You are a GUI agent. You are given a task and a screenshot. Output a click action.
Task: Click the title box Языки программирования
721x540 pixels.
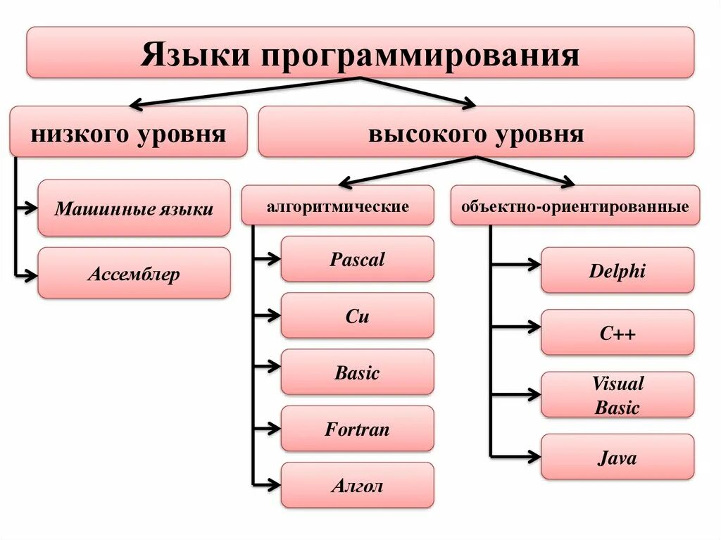pyautogui.click(x=360, y=52)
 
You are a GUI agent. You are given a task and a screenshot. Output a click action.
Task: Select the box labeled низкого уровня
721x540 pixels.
pyautogui.click(x=128, y=132)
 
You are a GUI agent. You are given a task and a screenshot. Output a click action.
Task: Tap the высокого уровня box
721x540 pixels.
pyautogui.click(x=476, y=132)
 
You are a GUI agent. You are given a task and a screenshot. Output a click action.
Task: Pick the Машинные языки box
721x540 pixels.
pyautogui.click(x=134, y=208)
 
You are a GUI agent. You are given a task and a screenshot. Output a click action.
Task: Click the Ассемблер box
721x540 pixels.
pyautogui.click(x=134, y=272)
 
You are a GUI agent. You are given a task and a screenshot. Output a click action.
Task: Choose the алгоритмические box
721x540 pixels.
pyautogui.click(x=338, y=206)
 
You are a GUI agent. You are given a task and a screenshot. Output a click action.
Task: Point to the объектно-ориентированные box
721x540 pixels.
pyautogui.click(x=575, y=206)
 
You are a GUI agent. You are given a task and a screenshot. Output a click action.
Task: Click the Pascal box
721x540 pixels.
pyautogui.click(x=358, y=259)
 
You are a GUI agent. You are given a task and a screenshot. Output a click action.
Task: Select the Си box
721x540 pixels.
pyautogui.click(x=358, y=315)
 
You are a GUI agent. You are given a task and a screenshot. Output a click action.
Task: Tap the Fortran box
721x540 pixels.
pyautogui.click(x=358, y=428)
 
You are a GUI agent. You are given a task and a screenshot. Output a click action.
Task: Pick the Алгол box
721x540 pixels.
pyautogui.click(x=358, y=484)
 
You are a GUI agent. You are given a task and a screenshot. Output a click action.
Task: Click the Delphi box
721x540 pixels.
pyautogui.click(x=617, y=270)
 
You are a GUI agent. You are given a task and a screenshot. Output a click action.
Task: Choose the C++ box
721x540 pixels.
pyautogui.click(x=617, y=332)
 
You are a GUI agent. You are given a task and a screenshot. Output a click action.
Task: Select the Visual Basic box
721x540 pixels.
pyautogui.click(x=617, y=394)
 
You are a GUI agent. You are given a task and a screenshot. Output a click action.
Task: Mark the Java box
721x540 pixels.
pyautogui.click(x=617, y=458)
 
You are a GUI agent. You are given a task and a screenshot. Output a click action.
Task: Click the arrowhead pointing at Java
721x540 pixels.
pyautogui.click(x=534, y=457)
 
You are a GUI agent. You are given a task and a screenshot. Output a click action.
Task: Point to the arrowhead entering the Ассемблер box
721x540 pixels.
pyautogui.click(x=31, y=277)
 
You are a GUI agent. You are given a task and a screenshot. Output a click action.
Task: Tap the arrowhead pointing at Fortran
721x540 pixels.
pyautogui.click(x=274, y=427)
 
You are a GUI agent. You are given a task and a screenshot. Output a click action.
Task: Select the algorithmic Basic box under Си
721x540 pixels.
pyautogui.click(x=358, y=372)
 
